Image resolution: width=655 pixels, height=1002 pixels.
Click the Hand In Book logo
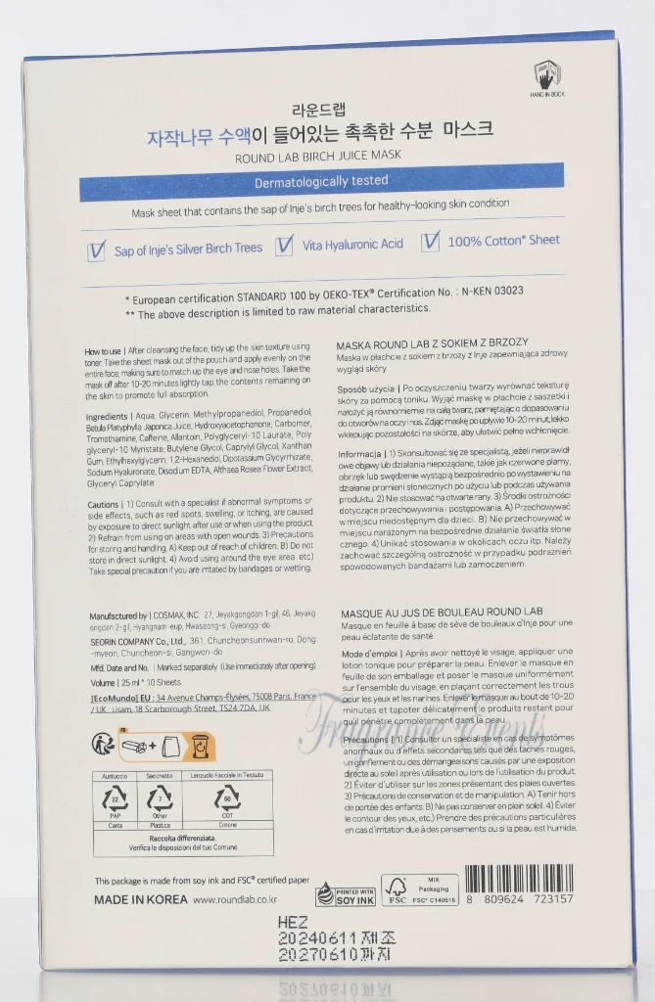click(x=546, y=76)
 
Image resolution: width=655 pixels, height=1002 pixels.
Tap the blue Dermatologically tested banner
click(x=321, y=181)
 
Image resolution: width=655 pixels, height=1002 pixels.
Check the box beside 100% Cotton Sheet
click(x=431, y=241)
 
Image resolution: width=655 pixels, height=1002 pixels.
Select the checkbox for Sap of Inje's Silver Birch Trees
click(x=96, y=250)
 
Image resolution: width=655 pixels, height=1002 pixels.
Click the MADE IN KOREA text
click(x=137, y=898)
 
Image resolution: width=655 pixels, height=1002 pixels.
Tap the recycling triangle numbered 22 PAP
click(x=115, y=801)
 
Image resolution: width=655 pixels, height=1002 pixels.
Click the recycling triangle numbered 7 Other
click(x=160, y=801)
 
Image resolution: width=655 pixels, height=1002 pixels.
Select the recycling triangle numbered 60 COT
click(x=227, y=801)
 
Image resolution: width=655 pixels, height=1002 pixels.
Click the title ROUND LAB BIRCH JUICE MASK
click(x=318, y=156)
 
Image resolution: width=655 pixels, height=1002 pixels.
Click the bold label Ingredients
click(x=106, y=417)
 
